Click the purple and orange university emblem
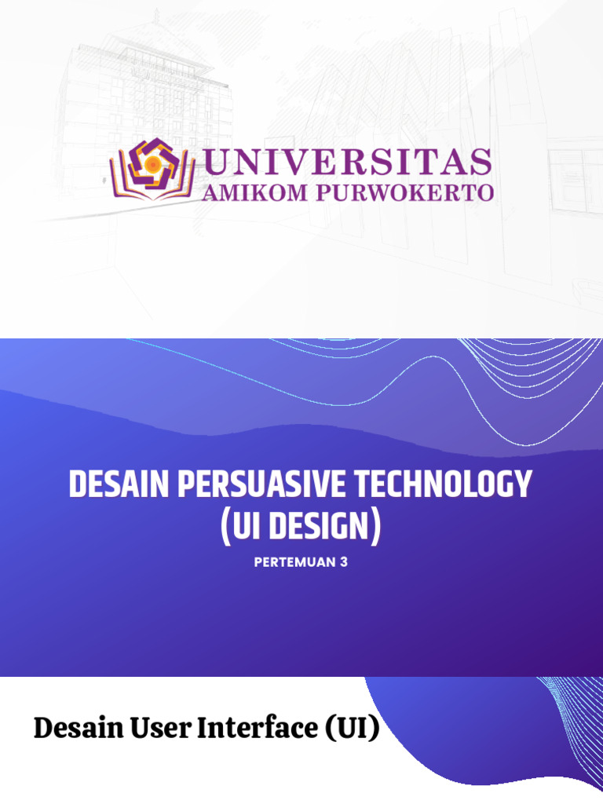pos(152,168)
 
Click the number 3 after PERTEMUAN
pos(343,562)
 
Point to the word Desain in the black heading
pos(74,729)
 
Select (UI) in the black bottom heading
pos(351,729)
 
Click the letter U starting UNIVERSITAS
pos(217,163)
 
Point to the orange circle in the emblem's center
pos(152,162)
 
